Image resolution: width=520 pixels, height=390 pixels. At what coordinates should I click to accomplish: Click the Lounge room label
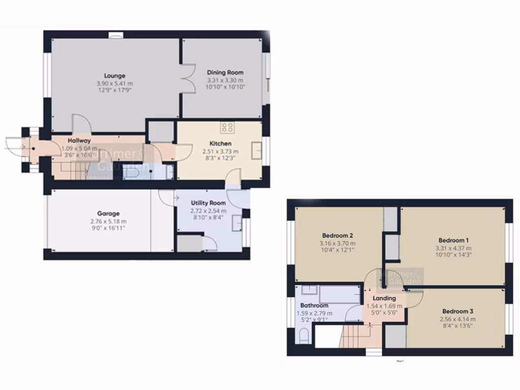coord(115,76)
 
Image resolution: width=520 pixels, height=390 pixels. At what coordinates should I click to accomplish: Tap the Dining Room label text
coord(225,73)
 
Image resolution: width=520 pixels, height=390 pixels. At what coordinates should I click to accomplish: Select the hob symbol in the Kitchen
coord(227,127)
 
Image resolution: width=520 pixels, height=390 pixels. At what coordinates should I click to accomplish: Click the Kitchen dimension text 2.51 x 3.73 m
coord(220,151)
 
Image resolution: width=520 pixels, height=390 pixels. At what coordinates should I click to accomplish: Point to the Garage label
coord(108,214)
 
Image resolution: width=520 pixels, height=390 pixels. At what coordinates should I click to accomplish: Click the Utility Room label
coord(208,203)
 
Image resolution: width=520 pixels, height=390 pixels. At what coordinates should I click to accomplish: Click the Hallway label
coord(79,141)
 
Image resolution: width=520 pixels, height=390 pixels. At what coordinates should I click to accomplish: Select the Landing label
coord(384,298)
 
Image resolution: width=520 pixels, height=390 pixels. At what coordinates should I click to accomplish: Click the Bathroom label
coord(314,306)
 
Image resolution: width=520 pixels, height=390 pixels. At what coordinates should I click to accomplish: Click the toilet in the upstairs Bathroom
coord(304,337)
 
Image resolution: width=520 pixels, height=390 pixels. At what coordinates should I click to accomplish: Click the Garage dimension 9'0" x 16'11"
coord(108,229)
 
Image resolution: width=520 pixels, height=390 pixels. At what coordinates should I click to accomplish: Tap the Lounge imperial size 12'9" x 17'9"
coord(115,91)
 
